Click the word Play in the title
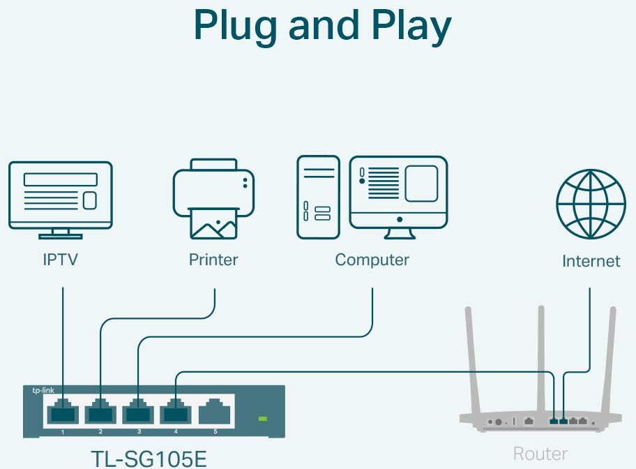pyautogui.click(x=409, y=27)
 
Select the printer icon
pyautogui.click(x=213, y=199)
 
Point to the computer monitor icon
pyautogui.click(x=398, y=193)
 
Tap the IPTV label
pyautogui.click(x=60, y=260)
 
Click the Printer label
pyautogui.click(x=213, y=260)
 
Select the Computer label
pyautogui.click(x=372, y=260)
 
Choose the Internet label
pyautogui.click(x=591, y=262)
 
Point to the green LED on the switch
pyautogui.click(x=263, y=419)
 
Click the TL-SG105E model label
pyautogui.click(x=149, y=458)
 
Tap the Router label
pyautogui.click(x=540, y=454)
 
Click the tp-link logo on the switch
pyautogui.click(x=43, y=391)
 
